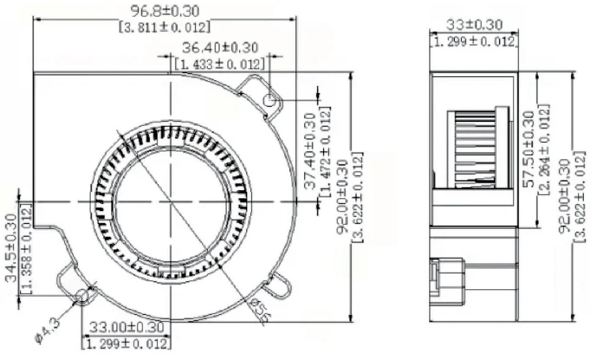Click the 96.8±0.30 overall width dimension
(x=164, y=11)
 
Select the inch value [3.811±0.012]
(x=164, y=27)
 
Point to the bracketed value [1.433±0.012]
(x=220, y=64)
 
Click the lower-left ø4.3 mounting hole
(x=82, y=296)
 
